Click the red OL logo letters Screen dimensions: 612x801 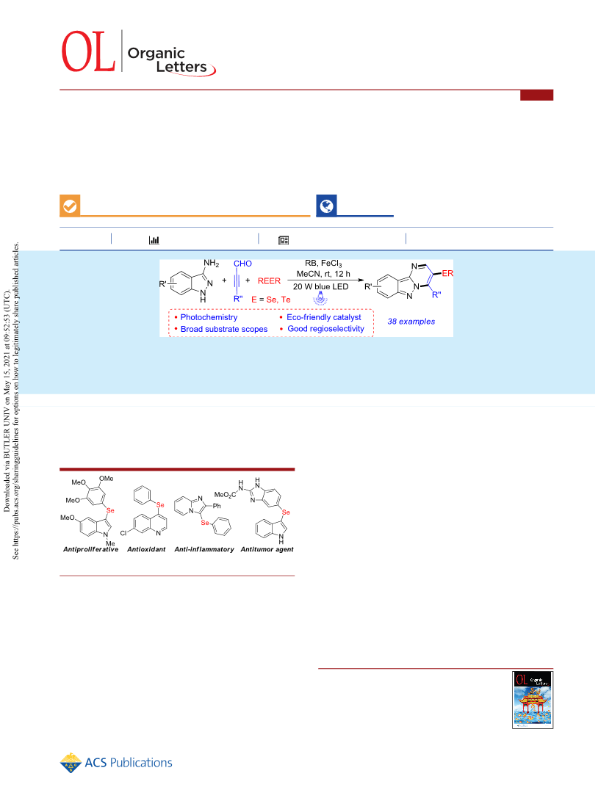(x=88, y=51)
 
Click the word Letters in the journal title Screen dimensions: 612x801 (x=181, y=67)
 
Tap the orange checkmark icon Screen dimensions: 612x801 (x=70, y=206)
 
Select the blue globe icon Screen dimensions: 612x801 (x=326, y=206)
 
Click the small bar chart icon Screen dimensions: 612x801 (x=154, y=239)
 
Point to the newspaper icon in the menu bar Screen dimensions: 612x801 (x=284, y=240)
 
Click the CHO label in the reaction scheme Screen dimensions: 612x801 (x=243, y=264)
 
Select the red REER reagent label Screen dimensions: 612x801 (x=269, y=281)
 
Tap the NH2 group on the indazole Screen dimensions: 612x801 (x=211, y=263)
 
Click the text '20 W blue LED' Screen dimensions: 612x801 (x=320, y=286)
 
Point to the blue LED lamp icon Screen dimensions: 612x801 (x=320, y=298)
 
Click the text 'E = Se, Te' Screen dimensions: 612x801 (x=271, y=300)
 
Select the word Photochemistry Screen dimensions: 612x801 (x=209, y=317)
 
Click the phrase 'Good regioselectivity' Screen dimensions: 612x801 (x=325, y=329)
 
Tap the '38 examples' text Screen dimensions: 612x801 (x=411, y=322)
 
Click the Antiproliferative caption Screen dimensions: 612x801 (x=90, y=549)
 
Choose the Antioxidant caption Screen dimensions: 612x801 (x=146, y=549)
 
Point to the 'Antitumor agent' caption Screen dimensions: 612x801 (x=267, y=549)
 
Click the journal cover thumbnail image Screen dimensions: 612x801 (x=533, y=700)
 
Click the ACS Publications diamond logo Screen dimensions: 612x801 (x=71, y=763)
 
